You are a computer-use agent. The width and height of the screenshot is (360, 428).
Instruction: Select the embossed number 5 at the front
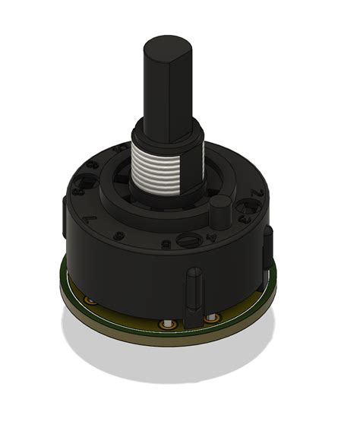coord(165,244)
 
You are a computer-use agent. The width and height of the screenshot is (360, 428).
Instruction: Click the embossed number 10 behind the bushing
coord(119,150)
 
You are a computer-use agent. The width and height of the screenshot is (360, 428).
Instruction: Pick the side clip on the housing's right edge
coord(267,247)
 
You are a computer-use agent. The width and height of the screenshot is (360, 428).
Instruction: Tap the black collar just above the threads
coord(167,132)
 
